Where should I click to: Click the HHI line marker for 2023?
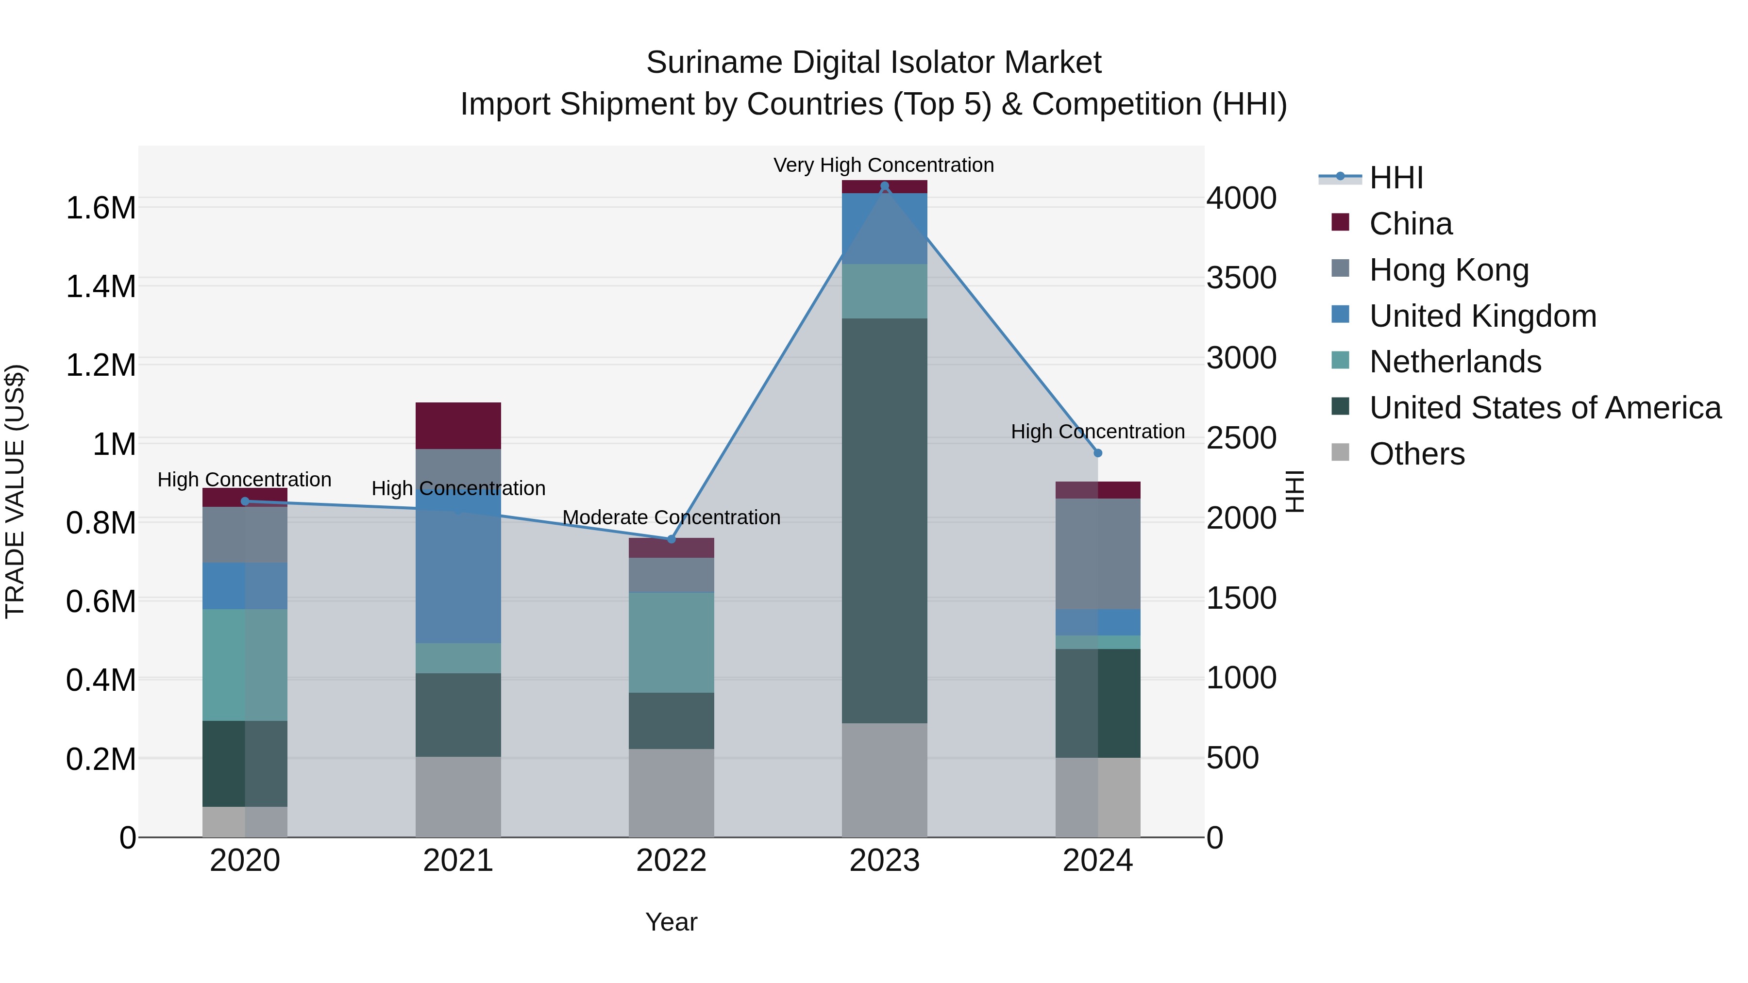tap(884, 186)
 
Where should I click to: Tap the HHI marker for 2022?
tap(671, 539)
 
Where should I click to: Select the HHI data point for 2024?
tap(1098, 452)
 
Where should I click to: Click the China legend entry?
tap(1410, 224)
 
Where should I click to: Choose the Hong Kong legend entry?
tap(1449, 270)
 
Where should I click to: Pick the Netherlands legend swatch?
tap(1340, 361)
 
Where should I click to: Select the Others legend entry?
tap(1416, 454)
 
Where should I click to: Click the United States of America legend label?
tap(1545, 408)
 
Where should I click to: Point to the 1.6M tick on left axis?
tap(101, 208)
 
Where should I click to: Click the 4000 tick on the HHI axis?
tap(1241, 199)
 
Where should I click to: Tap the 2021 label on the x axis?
tap(458, 861)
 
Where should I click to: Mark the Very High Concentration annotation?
tap(884, 165)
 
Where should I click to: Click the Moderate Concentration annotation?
tap(671, 517)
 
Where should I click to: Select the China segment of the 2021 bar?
tap(458, 425)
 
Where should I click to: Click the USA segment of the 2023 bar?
tap(884, 520)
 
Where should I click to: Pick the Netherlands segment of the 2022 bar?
tap(671, 642)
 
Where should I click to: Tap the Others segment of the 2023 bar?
tap(884, 780)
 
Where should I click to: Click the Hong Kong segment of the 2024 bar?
tap(1098, 553)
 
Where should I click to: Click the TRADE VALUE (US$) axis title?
tap(15, 491)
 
